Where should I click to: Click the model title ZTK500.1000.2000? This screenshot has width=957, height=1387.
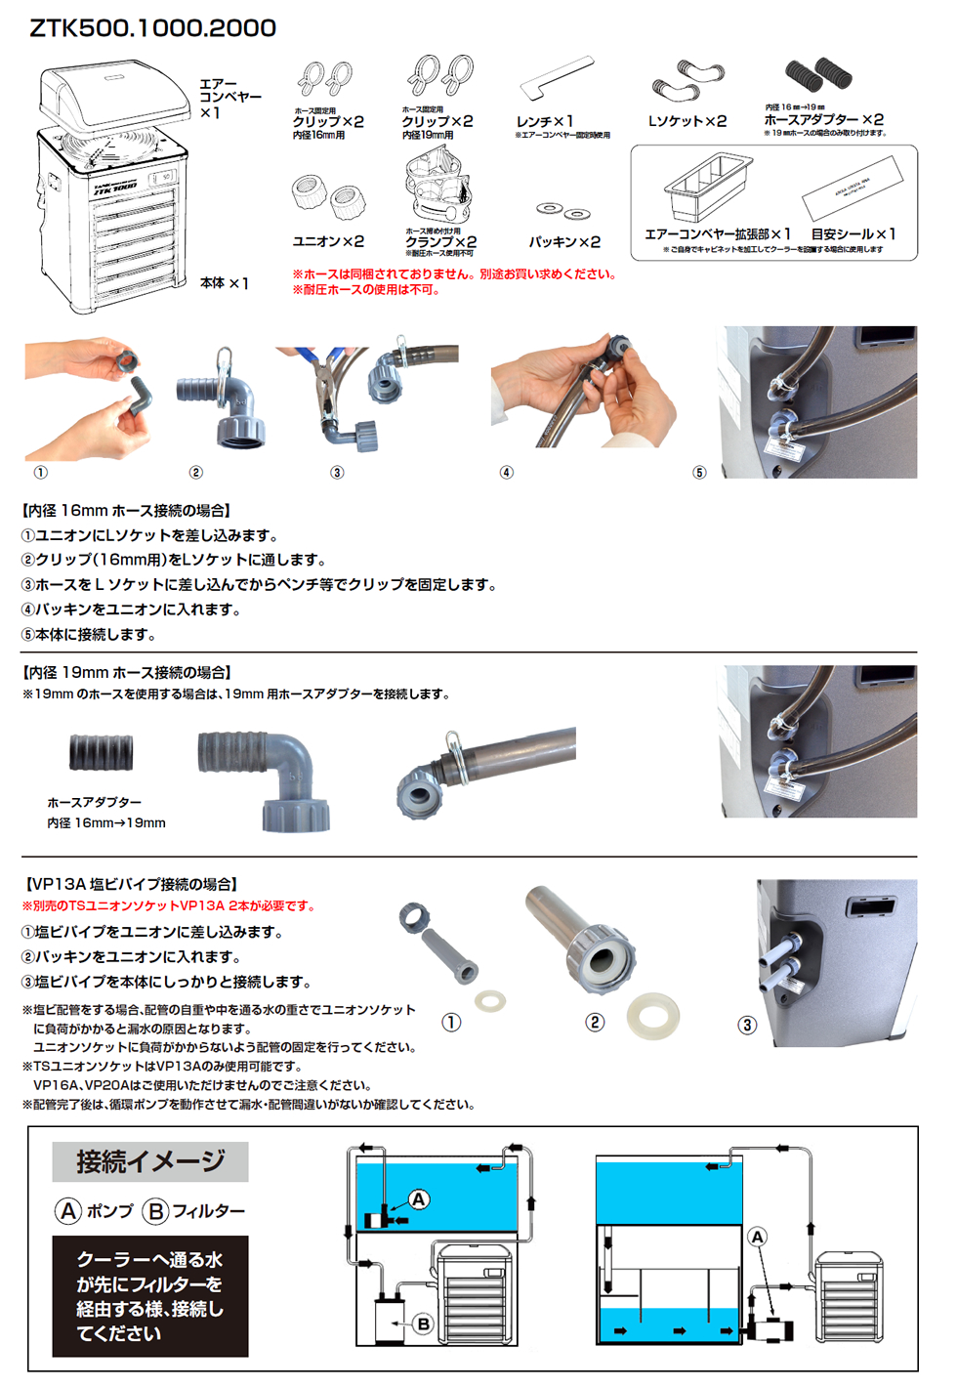153,28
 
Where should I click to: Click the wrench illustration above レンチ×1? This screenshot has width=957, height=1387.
556,77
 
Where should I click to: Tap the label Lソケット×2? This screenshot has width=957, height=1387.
687,121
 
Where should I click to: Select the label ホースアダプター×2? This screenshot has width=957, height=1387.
823,119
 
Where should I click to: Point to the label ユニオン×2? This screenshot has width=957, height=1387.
328,241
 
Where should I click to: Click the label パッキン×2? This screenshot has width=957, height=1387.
564,241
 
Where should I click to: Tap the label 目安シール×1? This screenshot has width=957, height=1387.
853,234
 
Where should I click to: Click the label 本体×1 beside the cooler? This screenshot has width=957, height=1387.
225,283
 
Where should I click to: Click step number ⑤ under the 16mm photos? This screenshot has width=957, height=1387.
699,473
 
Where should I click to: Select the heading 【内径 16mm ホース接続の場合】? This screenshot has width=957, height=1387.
126,511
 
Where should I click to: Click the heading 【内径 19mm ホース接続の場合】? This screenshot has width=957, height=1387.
126,673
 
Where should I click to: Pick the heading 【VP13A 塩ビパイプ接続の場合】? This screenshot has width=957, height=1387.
132,884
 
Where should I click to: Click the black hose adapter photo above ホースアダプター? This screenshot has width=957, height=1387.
102,753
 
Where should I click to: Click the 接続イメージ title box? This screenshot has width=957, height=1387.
150,1162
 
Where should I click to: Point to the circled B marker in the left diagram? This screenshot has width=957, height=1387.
423,1324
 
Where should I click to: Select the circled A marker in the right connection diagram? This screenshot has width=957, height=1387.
758,1238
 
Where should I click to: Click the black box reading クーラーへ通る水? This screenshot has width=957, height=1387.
150,1296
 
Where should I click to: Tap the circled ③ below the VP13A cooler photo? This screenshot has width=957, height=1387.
747,1025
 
